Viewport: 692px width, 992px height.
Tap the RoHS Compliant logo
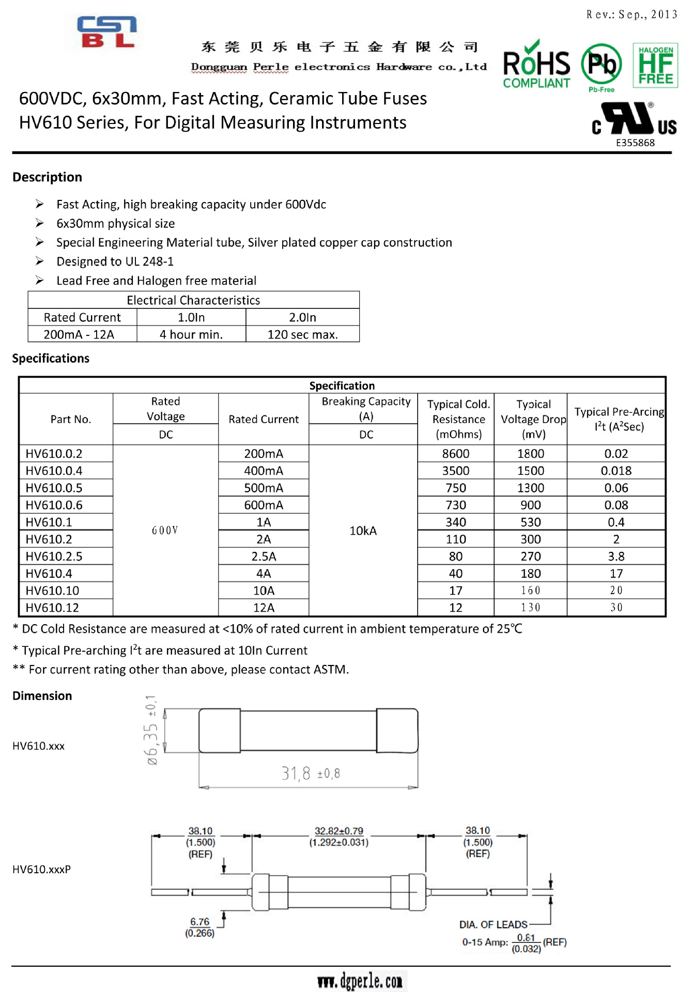coord(536,65)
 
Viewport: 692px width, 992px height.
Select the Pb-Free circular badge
coord(602,66)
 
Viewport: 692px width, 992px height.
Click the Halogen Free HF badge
coord(655,65)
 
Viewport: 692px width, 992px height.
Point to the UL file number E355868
coord(635,143)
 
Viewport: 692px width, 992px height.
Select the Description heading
coord(47,177)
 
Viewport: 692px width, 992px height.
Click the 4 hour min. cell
coord(191,334)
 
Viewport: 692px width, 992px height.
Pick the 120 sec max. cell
coord(302,334)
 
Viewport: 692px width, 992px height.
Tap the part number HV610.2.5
coord(54,556)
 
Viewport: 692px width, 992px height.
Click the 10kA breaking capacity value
coord(363,531)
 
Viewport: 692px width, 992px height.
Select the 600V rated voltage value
coord(165,531)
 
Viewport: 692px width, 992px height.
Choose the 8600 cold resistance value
coord(455,454)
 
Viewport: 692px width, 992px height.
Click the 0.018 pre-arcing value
coord(616,471)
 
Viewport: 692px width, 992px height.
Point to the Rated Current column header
coord(264,419)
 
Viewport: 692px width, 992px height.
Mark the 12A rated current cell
coord(264,608)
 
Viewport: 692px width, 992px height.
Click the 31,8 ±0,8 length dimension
coord(311,773)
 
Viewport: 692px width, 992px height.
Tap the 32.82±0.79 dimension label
coord(339,831)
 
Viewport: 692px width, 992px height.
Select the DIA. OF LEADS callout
coord(493,924)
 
